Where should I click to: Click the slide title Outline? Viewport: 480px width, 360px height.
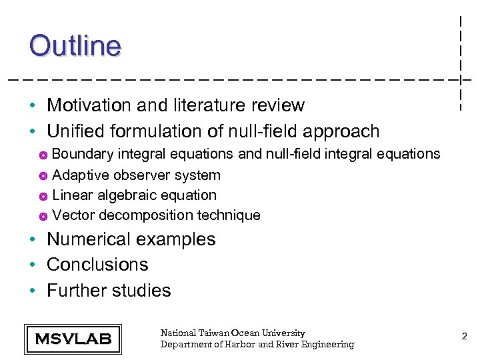75,45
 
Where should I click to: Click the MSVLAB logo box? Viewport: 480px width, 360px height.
73,338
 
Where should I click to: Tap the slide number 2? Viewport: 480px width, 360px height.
464,337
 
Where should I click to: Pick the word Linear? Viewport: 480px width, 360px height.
72,195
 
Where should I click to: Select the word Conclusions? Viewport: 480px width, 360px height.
97,265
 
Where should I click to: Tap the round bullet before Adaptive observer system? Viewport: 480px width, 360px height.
43,177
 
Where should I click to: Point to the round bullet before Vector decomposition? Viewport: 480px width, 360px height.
43,217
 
